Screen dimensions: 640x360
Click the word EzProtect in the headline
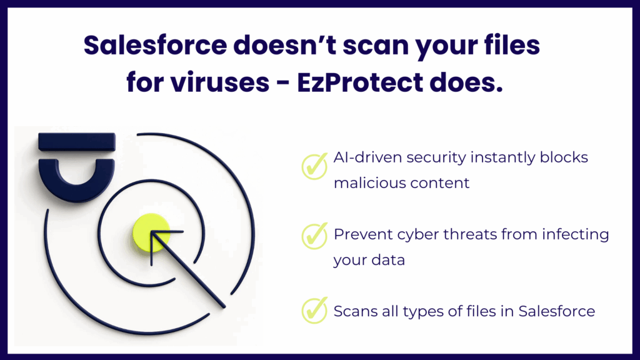(360, 83)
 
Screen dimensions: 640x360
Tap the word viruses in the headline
(220, 83)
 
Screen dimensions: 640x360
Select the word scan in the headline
(375, 46)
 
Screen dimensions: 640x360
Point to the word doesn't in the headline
(284, 45)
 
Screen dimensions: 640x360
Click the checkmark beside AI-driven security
(314, 166)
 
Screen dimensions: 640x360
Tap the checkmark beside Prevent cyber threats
(314, 236)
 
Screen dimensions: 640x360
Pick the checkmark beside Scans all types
(314, 310)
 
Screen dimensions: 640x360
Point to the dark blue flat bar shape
(77, 142)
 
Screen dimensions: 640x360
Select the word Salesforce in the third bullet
(557, 311)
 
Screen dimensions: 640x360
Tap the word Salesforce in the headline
(156, 45)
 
